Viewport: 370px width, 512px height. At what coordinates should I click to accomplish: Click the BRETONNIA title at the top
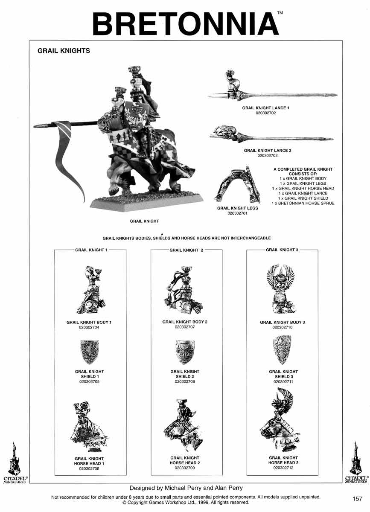pos(186,24)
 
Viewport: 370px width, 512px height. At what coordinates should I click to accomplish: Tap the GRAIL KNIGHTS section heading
pos(64,51)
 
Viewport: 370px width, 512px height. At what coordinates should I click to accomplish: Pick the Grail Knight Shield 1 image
pos(89,351)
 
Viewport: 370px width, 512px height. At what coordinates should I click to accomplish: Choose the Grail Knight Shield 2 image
pos(185,352)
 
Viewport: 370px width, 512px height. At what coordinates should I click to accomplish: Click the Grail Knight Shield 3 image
pos(282,349)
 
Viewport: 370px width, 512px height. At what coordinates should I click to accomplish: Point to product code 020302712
pos(283,468)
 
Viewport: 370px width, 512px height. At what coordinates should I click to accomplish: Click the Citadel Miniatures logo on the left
pos(15,463)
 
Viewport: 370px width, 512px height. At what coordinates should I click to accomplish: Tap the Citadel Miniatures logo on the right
pos(355,463)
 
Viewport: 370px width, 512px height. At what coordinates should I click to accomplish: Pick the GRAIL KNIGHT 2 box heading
pos(186,250)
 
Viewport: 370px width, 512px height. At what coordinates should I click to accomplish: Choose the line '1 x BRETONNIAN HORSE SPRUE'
pos(303,204)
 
